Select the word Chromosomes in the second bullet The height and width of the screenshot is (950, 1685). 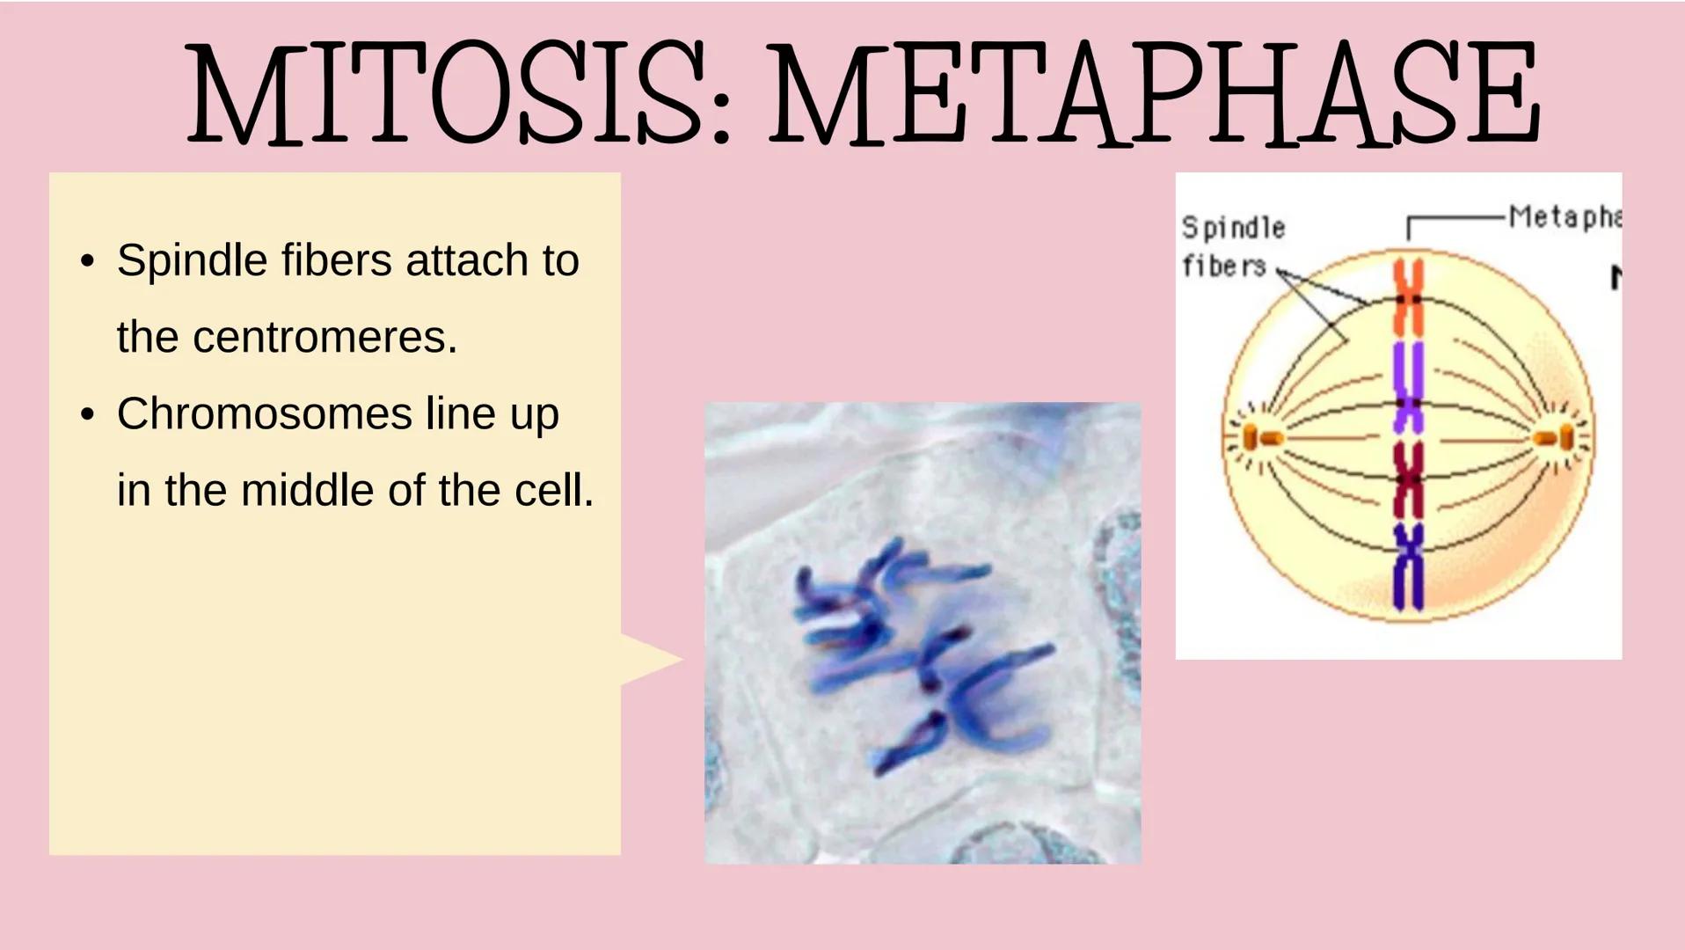(264, 413)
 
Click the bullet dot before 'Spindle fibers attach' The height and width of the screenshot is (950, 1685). (86, 261)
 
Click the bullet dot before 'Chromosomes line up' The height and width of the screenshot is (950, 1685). (86, 414)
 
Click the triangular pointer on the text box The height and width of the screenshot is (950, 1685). (651, 659)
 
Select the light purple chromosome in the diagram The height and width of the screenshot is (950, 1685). (1408, 387)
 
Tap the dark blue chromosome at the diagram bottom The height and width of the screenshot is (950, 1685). (1408, 567)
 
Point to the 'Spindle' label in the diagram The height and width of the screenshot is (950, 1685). (1233, 228)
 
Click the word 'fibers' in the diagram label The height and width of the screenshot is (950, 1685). (1223, 265)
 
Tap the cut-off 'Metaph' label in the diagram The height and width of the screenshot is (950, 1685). (1564, 216)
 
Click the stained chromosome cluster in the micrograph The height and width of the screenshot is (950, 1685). (915, 651)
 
